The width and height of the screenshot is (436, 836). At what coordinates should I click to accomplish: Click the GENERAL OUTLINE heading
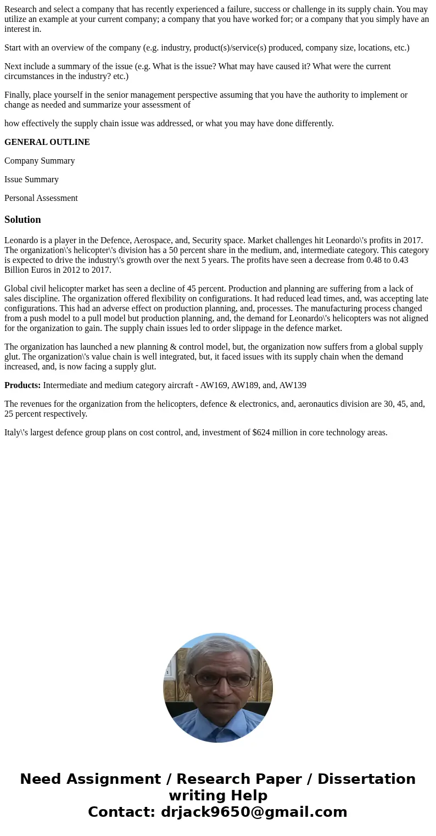point(47,142)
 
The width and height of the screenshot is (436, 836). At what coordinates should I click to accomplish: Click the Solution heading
point(23,220)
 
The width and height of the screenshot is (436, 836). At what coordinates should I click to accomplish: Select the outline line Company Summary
point(40,161)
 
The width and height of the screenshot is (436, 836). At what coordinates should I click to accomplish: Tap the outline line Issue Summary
point(31,179)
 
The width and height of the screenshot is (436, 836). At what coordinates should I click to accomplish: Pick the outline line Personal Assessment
point(41,198)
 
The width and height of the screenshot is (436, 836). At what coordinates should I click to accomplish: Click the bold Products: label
point(23,385)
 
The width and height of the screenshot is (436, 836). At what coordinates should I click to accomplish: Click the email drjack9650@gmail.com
point(254,812)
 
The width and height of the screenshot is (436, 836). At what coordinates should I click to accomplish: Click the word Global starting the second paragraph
point(17,289)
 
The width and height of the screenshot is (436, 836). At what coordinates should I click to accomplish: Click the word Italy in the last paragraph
point(13,433)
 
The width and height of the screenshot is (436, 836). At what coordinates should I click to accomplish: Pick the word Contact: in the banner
point(122,812)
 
